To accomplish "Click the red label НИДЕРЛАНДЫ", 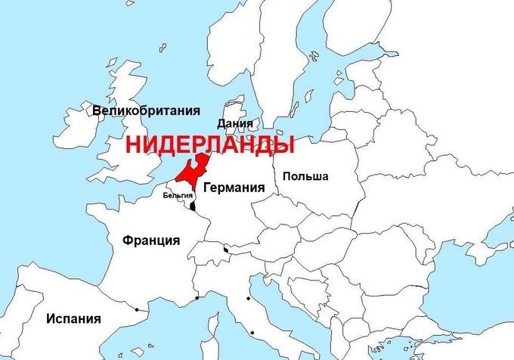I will click(209, 144).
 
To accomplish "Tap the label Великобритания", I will click(147, 110).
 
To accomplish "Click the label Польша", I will click(305, 176).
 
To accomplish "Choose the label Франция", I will click(151, 241).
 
